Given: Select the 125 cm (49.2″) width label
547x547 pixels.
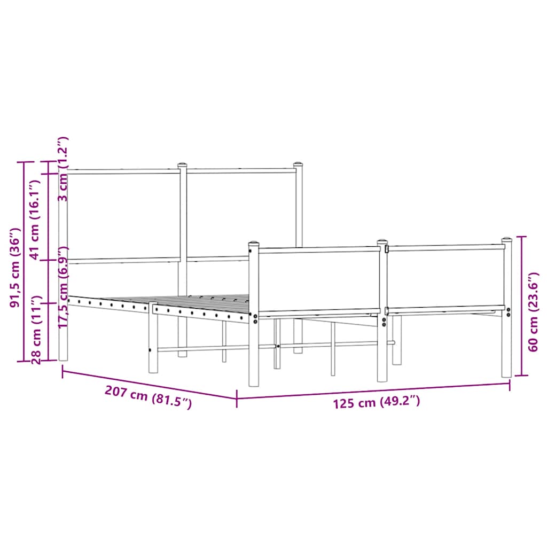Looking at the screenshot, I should coord(377,402).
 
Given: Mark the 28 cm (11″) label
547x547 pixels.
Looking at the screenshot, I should coord(36,330).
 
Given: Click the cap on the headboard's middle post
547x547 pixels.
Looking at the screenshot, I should coord(183,165).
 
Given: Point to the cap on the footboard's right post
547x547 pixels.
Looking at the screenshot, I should coord(506,240).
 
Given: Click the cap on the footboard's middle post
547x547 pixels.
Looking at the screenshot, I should coord(382,242).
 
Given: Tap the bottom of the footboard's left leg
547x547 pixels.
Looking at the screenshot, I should coord(254,383).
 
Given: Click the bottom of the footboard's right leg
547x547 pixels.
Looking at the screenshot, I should coord(506,375).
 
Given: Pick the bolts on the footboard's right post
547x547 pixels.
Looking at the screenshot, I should coord(508,312).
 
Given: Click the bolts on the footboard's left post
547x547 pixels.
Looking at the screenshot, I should coord(255,319).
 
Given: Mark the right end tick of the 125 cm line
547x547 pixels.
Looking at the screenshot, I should coord(510,384).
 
